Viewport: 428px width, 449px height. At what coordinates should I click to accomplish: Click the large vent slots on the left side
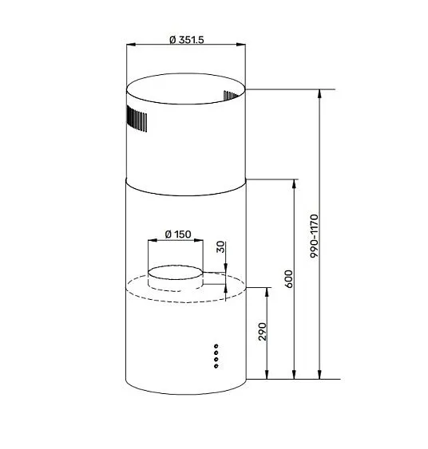click(136, 120)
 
